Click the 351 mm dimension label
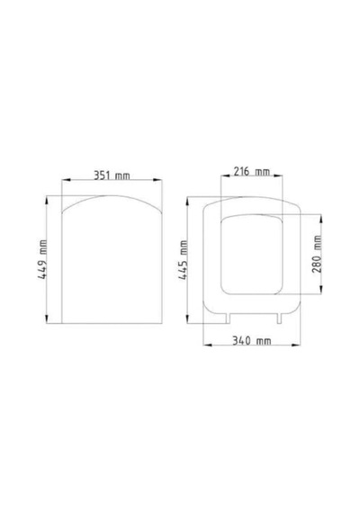(x=112, y=175)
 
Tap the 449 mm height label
(x=42, y=259)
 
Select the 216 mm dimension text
(x=252, y=171)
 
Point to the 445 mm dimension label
(x=183, y=260)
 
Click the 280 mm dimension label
(x=317, y=254)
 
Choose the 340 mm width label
(x=252, y=341)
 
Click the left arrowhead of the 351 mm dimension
(x=66, y=179)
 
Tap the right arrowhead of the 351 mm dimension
(x=158, y=179)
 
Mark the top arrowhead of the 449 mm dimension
(x=47, y=200)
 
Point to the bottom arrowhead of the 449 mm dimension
(x=47, y=319)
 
